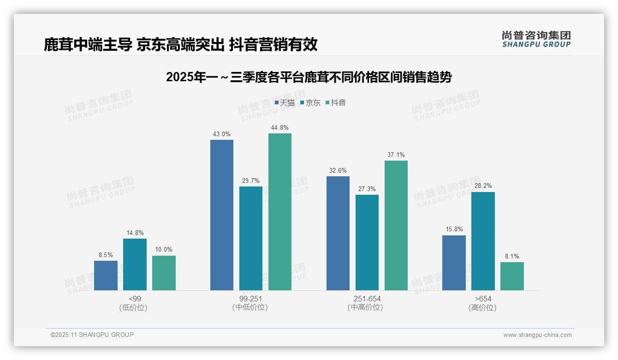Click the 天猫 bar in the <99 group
click(x=106, y=276)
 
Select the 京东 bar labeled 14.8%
click(x=135, y=264)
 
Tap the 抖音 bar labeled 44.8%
click(x=280, y=212)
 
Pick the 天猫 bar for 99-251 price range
click(x=222, y=215)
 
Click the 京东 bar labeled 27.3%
click(x=367, y=242)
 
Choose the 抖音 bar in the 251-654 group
click(x=396, y=225)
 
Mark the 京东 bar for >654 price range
click(x=483, y=241)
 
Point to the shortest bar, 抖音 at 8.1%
click(x=512, y=276)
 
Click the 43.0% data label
click(x=221, y=134)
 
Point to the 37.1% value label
click(x=396, y=155)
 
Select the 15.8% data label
click(x=454, y=229)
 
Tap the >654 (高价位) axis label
click(x=483, y=303)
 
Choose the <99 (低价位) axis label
click(x=135, y=303)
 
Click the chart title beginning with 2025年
click(x=309, y=77)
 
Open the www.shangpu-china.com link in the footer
click(x=537, y=335)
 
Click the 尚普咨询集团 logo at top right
click(x=536, y=39)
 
